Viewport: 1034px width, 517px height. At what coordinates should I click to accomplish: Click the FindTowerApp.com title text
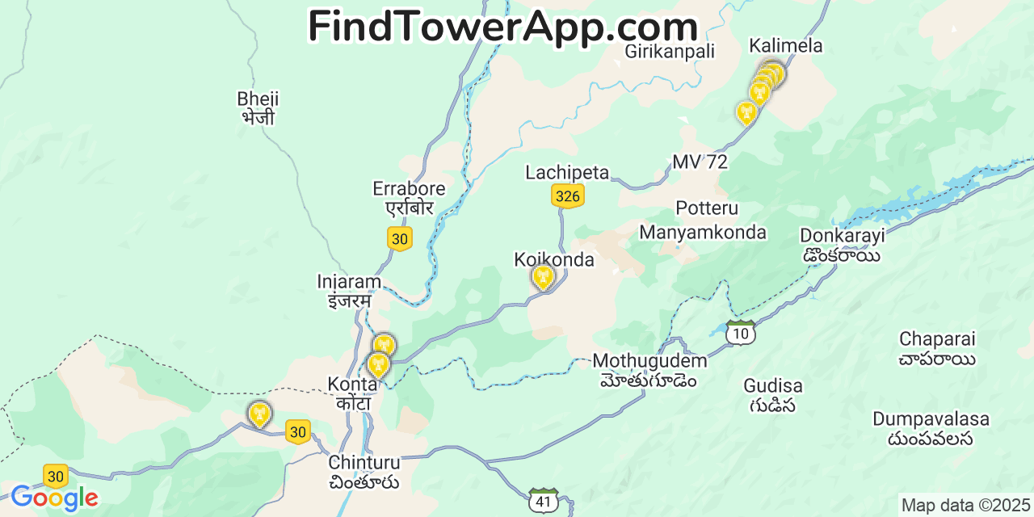(502, 27)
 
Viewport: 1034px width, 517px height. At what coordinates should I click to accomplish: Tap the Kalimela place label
(785, 46)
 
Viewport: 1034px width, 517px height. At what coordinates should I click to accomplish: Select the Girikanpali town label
(670, 52)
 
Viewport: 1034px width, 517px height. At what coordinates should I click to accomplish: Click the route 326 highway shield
(568, 196)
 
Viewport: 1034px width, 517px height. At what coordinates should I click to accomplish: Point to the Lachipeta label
(567, 172)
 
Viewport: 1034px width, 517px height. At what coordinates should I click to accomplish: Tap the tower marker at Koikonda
(544, 277)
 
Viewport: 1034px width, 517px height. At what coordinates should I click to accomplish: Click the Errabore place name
(409, 198)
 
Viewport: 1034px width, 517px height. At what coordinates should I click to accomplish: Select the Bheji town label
(258, 108)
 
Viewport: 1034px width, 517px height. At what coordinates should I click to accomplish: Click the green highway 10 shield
(740, 333)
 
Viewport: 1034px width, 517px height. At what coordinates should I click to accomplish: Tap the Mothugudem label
(649, 370)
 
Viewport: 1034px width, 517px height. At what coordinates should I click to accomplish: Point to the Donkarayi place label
(843, 245)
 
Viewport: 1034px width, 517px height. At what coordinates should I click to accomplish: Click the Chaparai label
(937, 348)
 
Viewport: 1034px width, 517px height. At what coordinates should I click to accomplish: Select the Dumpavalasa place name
(931, 429)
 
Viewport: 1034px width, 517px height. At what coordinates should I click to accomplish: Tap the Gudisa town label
(773, 395)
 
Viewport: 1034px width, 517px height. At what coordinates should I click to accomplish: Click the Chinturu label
(364, 473)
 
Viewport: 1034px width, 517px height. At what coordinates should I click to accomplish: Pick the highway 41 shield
(544, 502)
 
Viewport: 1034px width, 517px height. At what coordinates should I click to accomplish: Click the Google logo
(54, 498)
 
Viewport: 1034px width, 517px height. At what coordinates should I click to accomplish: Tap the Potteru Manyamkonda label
(703, 221)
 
